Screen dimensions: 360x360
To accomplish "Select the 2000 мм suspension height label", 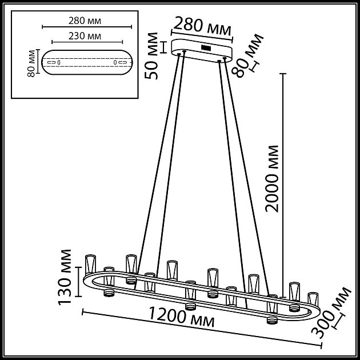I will coord(273,178).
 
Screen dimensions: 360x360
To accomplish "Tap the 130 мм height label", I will coord(67,277).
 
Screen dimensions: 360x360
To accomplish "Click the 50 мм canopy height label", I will coord(153,57).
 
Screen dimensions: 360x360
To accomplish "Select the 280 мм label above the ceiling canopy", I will coord(202,27).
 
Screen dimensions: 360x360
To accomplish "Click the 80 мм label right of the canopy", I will coord(249,55).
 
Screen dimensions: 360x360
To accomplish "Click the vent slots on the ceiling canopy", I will coord(205,48).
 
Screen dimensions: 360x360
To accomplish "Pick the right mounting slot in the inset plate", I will coord(119,62).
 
